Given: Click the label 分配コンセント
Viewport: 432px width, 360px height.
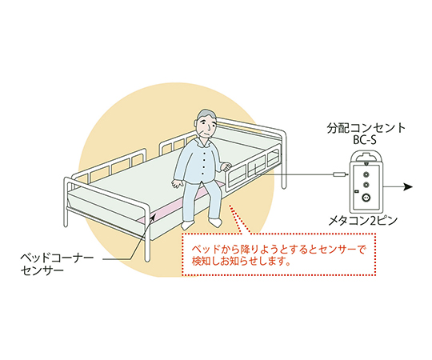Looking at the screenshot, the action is pos(366,128).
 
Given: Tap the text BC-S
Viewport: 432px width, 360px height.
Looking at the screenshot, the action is pos(365,141).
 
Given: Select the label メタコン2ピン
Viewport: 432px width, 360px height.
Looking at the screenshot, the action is pos(363,221).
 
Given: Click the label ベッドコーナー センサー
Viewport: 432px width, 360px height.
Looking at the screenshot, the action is pos(57,264).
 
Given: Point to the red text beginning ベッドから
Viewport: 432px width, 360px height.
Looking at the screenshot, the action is pos(278,255).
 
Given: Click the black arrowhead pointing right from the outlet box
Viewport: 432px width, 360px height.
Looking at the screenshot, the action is pos(408,186).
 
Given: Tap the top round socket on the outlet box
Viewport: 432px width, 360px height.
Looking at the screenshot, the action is pos(366,174).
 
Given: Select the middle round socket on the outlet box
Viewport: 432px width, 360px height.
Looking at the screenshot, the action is pos(366,185).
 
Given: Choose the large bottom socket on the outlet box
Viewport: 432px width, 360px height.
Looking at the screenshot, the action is pos(366,198).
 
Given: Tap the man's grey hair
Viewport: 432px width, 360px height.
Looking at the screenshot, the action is pos(206,115).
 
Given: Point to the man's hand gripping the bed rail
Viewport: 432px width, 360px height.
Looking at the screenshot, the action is pos(226,166).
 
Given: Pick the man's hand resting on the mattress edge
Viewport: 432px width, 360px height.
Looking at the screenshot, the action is pos(178,183).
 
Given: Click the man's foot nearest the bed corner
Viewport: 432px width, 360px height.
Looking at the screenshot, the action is pos(188,225).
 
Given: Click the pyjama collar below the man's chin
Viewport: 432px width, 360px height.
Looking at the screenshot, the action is pos(202,142).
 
